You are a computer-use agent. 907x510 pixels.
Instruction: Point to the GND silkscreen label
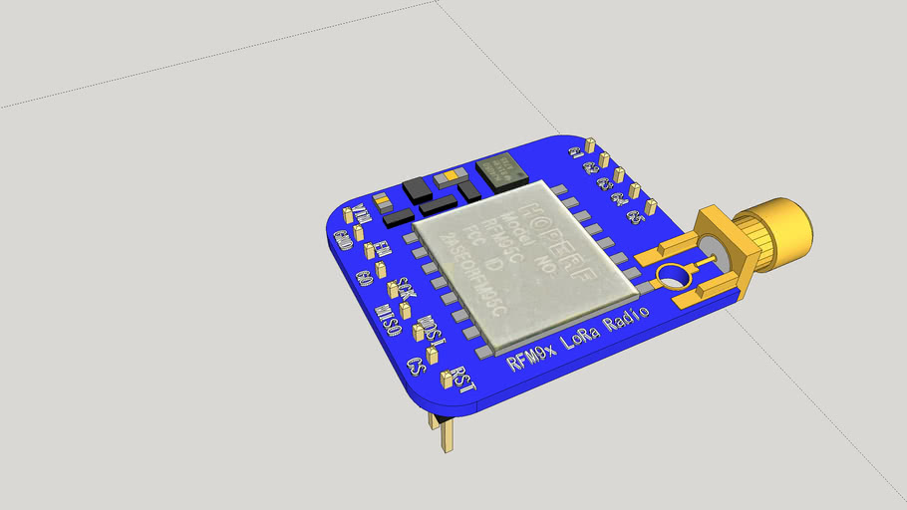click(342, 239)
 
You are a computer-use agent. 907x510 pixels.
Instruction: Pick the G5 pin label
click(634, 217)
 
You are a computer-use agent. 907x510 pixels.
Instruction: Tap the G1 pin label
click(575, 152)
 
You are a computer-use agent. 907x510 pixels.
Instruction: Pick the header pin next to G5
click(651, 208)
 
